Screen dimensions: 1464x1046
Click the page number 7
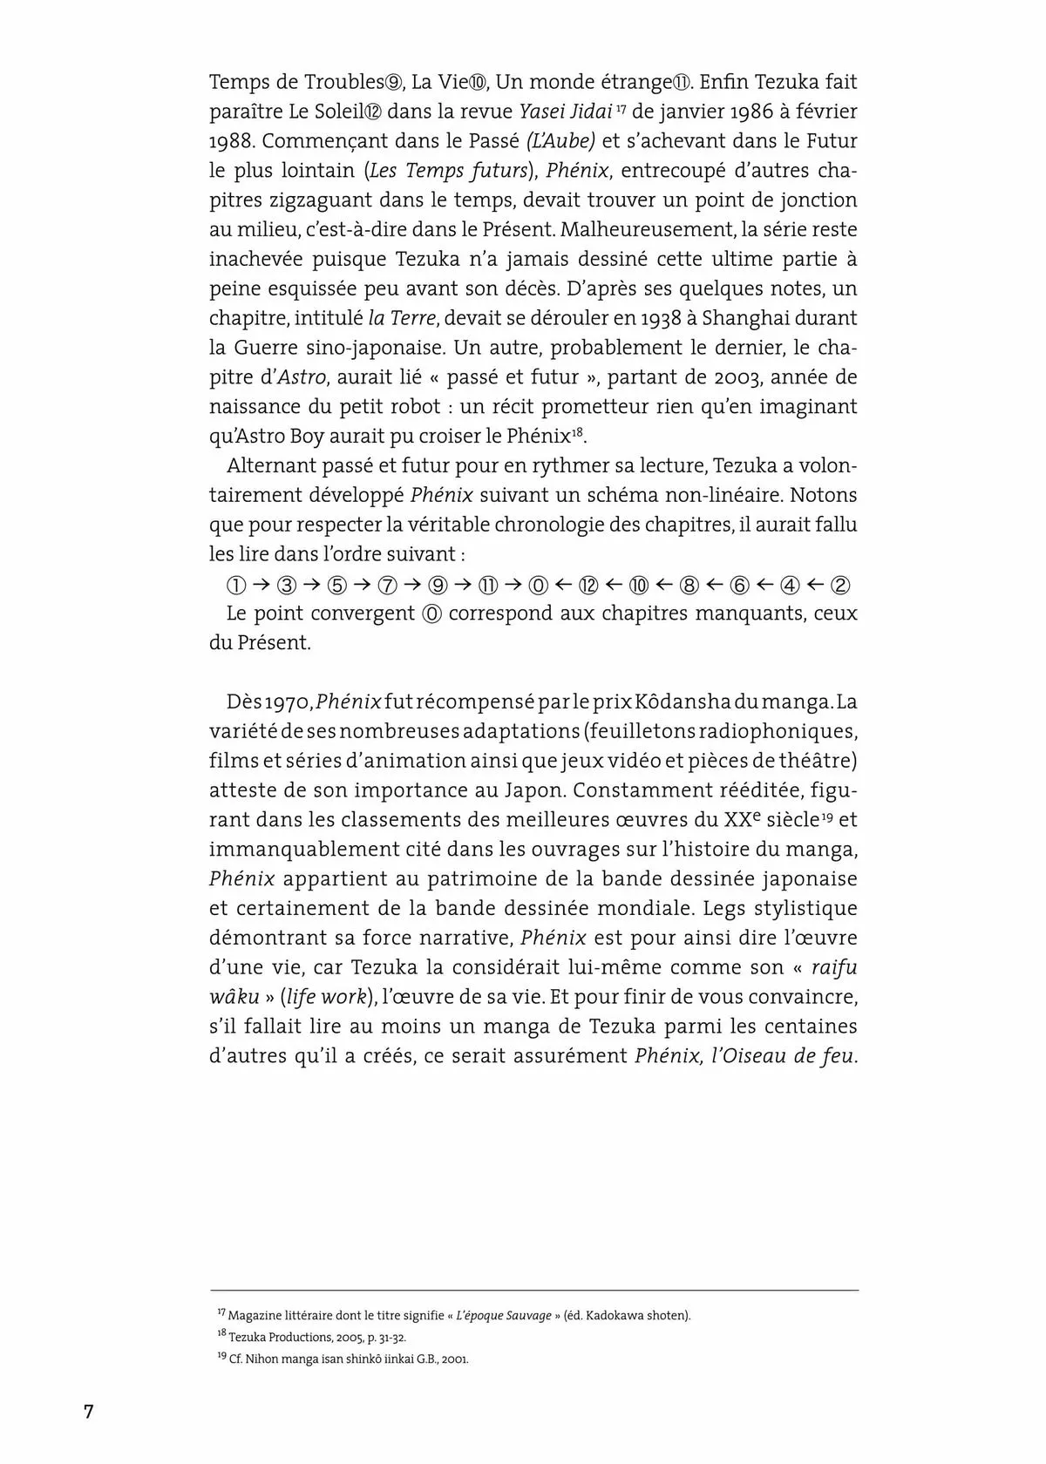88,1412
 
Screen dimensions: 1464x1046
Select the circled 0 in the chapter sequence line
540,585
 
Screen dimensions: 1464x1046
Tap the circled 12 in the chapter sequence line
589,585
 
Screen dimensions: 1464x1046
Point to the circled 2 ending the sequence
841,585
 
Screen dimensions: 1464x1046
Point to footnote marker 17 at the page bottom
221,1311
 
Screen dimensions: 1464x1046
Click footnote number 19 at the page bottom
221,1357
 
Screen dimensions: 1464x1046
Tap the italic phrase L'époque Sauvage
503,1316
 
